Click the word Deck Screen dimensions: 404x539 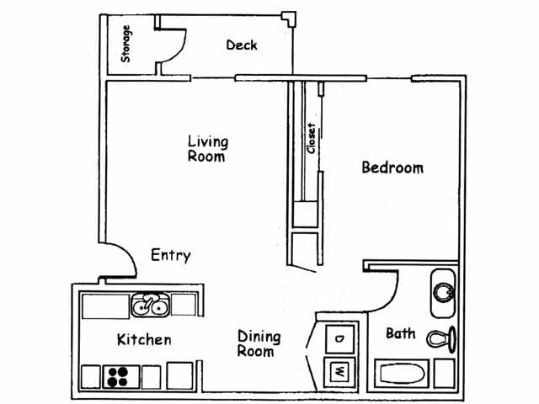[241, 45]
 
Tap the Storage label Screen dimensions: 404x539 [126, 45]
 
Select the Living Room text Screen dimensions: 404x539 [207, 149]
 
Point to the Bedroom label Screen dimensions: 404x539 [392, 167]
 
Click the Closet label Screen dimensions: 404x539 [312, 139]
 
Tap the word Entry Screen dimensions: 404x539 [170, 255]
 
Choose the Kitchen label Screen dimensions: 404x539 [143, 340]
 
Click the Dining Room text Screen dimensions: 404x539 [259, 344]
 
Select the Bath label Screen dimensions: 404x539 [400, 334]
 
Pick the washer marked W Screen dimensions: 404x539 [339, 370]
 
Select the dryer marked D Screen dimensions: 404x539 [339, 338]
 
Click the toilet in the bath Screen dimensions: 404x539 [441, 338]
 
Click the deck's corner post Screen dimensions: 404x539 [289, 16]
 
